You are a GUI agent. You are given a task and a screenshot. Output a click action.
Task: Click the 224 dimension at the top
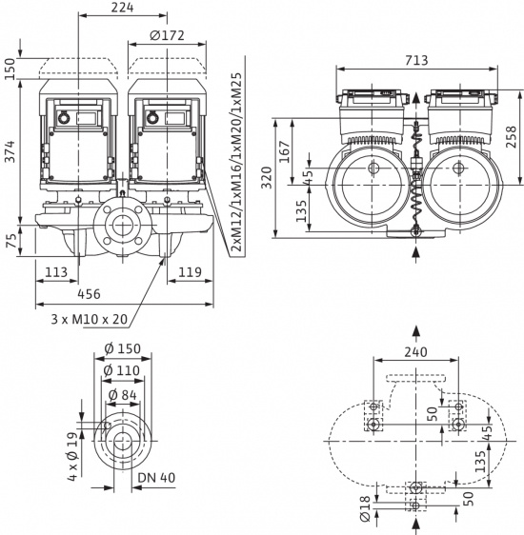click(123, 9)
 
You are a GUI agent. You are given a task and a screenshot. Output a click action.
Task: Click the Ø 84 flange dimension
click(122, 395)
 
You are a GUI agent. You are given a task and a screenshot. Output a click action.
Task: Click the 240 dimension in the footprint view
click(415, 350)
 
